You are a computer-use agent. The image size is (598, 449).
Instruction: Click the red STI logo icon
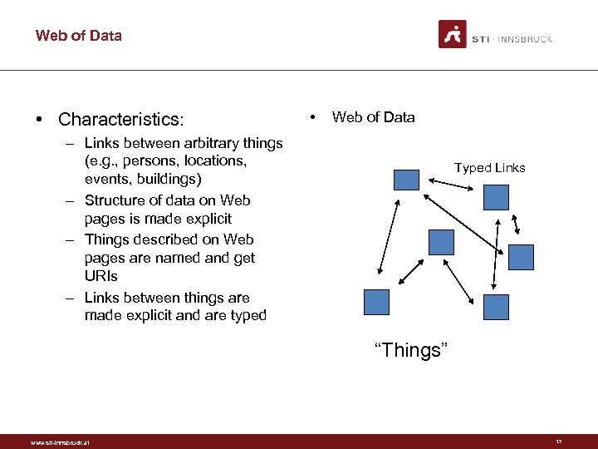point(452,35)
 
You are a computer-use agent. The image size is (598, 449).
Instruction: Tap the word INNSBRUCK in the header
point(524,39)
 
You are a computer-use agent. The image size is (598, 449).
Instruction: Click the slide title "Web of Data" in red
point(78,36)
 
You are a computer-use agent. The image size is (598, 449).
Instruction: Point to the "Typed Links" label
point(489,168)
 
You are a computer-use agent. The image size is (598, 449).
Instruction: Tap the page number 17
point(559,442)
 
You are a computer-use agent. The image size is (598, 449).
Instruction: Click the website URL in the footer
point(60,442)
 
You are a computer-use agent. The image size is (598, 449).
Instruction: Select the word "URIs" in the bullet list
point(101,276)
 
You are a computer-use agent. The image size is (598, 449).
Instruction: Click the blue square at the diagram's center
point(441,242)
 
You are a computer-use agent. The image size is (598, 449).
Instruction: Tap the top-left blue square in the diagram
point(406,180)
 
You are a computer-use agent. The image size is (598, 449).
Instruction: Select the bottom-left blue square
point(376,302)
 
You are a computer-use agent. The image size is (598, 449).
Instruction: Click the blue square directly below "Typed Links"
point(496,197)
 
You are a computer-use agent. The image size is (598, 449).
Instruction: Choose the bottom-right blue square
point(496,307)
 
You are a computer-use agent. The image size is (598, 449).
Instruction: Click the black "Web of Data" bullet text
point(373,117)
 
